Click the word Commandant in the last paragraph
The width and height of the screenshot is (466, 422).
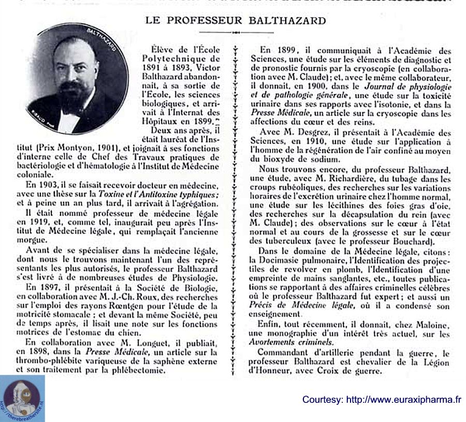click(x=285, y=354)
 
